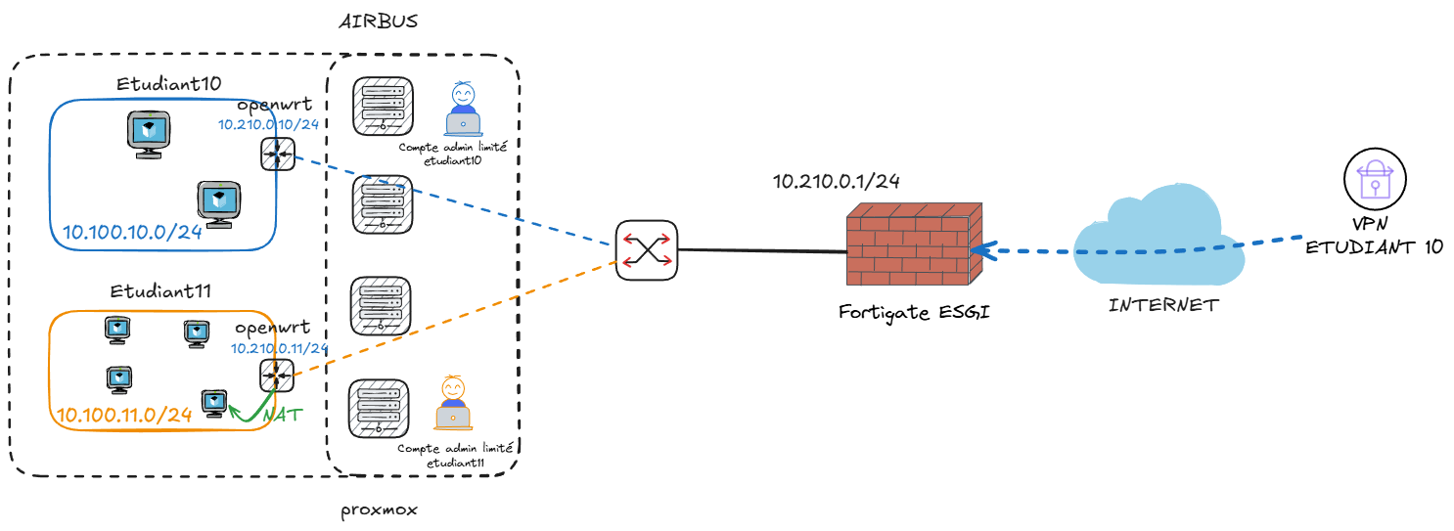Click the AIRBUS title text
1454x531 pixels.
[378, 21]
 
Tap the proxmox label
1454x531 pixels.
[379, 511]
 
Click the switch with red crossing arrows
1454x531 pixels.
[647, 250]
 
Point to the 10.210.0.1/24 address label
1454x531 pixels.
[837, 181]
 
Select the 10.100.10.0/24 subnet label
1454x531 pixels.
[131, 232]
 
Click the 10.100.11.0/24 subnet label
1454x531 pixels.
[123, 415]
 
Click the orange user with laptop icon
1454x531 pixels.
[452, 403]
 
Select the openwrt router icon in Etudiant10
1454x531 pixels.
[275, 154]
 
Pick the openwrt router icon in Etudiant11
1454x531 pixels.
[275, 376]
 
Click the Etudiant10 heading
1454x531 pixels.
[169, 84]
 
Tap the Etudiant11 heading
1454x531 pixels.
[161, 290]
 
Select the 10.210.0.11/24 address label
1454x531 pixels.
[279, 348]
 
